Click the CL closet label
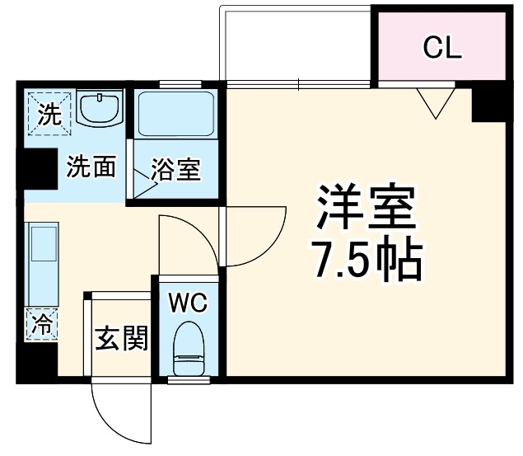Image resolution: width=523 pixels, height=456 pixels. coord(441,48)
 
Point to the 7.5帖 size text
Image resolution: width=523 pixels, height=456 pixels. coord(366,261)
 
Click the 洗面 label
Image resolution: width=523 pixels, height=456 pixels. coord(91,167)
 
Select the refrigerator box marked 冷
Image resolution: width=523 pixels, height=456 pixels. coord(40,323)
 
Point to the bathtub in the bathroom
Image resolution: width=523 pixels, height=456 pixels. coord(175,115)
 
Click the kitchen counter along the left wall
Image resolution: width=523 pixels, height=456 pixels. coord(41,264)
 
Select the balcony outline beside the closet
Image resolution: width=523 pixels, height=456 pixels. coord(297,45)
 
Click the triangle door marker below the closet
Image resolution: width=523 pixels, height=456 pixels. coord(436,103)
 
